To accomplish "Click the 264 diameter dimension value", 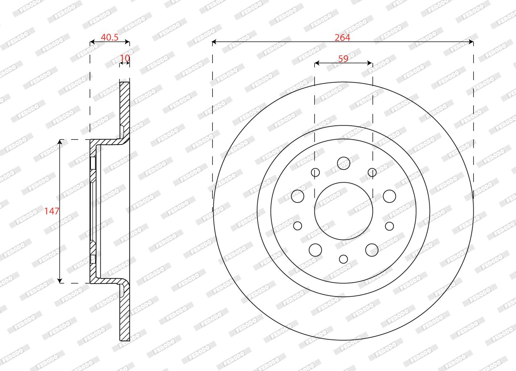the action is [x=342, y=38].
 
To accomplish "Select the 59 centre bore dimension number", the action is [x=343, y=59].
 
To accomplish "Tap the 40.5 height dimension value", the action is [x=110, y=37].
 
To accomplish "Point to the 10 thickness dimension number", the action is [x=125, y=58].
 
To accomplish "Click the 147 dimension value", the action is [x=52, y=211].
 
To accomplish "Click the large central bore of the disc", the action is [x=343, y=211].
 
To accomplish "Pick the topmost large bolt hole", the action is [x=343, y=163].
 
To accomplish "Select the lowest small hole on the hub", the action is [x=343, y=259].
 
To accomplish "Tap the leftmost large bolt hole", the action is [x=298, y=196].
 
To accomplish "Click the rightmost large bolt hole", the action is [x=389, y=196].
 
